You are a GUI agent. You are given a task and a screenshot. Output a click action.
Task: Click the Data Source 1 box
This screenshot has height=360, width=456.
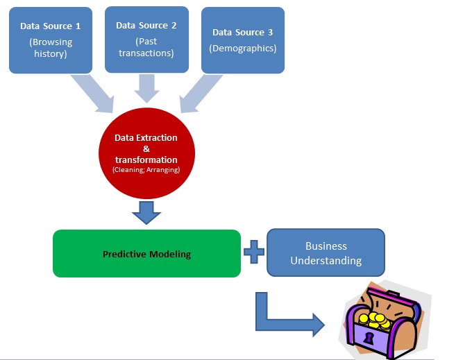[x=50, y=39]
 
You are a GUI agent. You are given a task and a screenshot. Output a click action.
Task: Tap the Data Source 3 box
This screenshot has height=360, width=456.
[x=243, y=40]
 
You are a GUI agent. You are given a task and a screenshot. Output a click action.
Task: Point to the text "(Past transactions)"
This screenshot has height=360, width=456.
[x=146, y=47]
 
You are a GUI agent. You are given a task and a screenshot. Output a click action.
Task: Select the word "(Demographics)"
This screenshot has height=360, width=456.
[x=243, y=49]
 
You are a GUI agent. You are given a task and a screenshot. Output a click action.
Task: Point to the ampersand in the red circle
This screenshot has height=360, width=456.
[x=146, y=148]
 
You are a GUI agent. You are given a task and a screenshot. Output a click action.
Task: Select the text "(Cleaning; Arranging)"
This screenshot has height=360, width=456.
[x=146, y=169]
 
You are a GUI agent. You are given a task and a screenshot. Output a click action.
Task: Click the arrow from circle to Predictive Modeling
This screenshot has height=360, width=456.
[x=146, y=212]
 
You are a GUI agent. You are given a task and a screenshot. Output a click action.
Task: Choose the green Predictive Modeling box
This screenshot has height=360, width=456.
[x=146, y=254]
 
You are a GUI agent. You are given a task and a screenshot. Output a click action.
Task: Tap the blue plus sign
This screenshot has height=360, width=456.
[x=254, y=252]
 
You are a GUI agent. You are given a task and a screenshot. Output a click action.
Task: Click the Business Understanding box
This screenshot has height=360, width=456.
[x=326, y=253]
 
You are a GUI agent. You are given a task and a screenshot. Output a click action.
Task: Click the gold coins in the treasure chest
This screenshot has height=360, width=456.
[x=377, y=320]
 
